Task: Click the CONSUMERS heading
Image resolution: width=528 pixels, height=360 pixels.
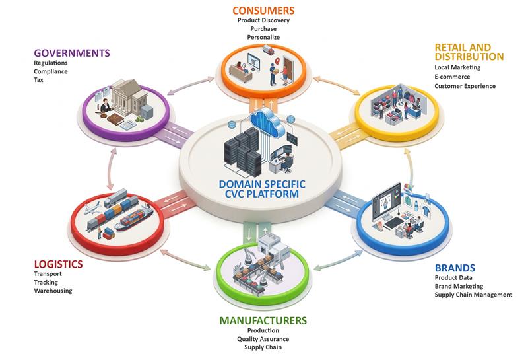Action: click(x=263, y=11)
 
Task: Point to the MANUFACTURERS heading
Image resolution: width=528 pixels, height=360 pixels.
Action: click(x=263, y=320)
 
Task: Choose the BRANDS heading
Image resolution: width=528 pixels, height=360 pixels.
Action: click(x=455, y=268)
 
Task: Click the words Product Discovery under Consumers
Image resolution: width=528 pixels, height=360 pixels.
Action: click(x=263, y=20)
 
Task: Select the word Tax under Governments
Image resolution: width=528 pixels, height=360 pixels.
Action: click(x=38, y=80)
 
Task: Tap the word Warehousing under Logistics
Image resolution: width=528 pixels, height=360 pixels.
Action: click(x=53, y=291)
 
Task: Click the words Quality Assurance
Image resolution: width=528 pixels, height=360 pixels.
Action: click(x=263, y=339)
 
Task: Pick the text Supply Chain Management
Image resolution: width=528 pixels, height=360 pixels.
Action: click(x=473, y=295)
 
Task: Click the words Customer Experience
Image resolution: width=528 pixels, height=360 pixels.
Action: click(x=465, y=86)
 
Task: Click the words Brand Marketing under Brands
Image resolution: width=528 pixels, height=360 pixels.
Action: click(x=459, y=286)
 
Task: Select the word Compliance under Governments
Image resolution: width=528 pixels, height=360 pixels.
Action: click(x=50, y=71)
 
